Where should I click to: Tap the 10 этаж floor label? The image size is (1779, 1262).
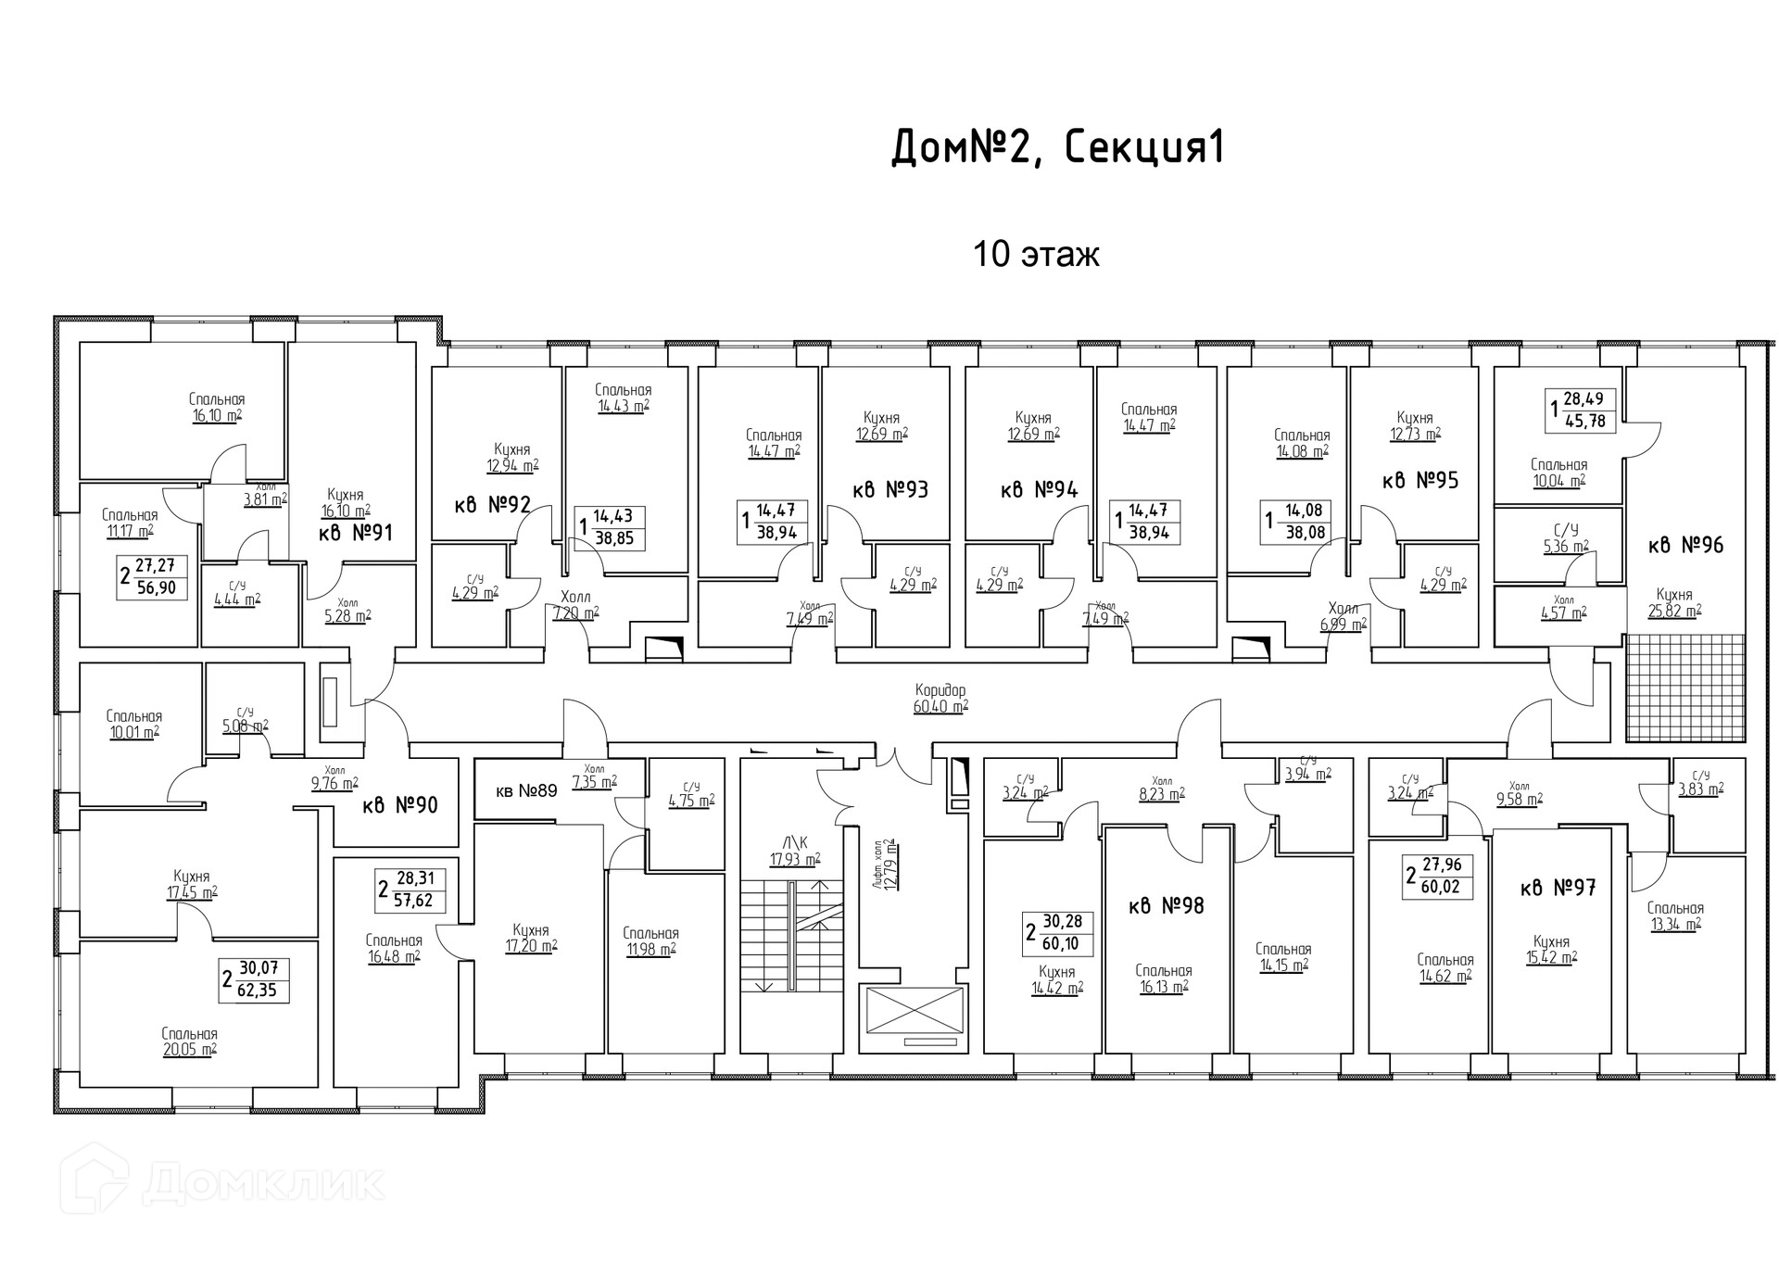(x=1035, y=254)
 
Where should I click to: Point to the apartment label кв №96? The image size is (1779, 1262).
(x=1685, y=545)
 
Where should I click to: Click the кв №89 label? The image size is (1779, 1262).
(x=526, y=790)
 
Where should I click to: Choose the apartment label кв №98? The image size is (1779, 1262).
(x=1166, y=905)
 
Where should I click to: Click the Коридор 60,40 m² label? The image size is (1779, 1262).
(x=940, y=699)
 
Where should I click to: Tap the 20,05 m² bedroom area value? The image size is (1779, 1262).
(x=189, y=1050)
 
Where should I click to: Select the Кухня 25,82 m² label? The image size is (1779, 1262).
(x=1674, y=602)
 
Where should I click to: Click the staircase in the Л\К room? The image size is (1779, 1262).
(x=791, y=936)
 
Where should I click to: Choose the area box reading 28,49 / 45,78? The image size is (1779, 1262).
(x=1582, y=410)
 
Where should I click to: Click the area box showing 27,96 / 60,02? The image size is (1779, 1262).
(x=1438, y=877)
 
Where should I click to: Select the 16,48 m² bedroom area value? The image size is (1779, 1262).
(x=394, y=955)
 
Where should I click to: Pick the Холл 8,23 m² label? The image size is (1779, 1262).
(x=1161, y=788)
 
